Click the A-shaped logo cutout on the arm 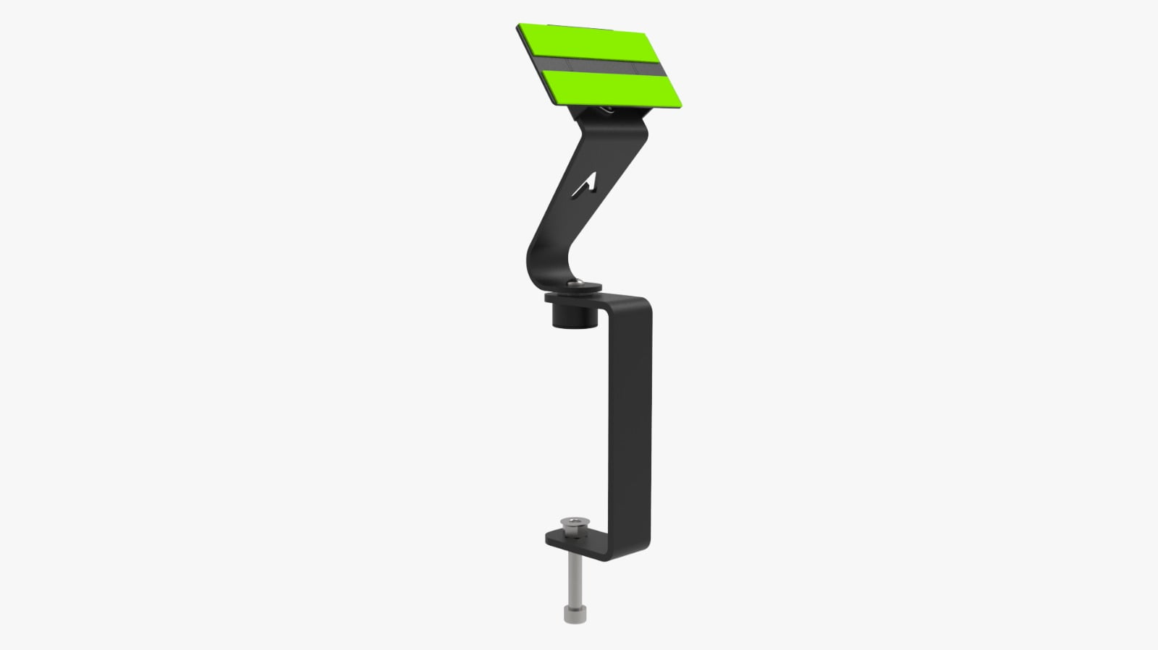coord(585,185)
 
